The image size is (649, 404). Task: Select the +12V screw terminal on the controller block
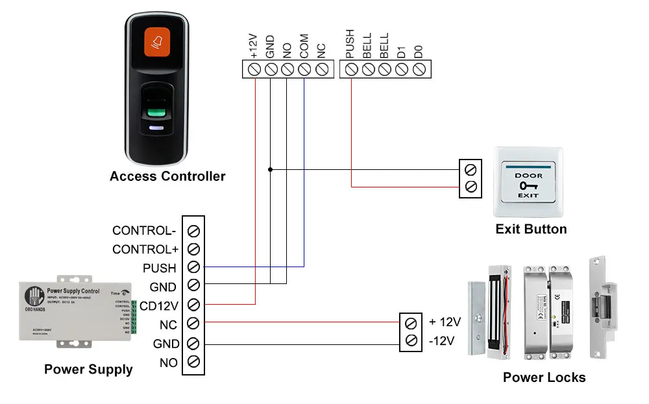click(x=254, y=69)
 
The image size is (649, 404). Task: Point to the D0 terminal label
click(x=419, y=51)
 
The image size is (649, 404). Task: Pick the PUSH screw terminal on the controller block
click(x=351, y=69)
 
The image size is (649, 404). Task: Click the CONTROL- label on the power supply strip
click(x=144, y=230)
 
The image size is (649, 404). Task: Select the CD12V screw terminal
click(x=193, y=304)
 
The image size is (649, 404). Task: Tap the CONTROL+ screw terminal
click(x=193, y=249)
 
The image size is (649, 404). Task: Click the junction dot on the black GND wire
click(x=270, y=170)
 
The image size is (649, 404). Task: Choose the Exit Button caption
click(x=531, y=229)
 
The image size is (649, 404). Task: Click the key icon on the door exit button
click(x=528, y=185)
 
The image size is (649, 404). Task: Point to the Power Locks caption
click(x=544, y=377)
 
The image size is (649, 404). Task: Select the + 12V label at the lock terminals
click(x=445, y=322)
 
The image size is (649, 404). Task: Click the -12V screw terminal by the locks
click(x=410, y=341)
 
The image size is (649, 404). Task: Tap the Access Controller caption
click(x=167, y=176)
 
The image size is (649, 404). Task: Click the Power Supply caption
click(x=88, y=370)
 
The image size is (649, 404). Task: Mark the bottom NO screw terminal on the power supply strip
click(x=193, y=362)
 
